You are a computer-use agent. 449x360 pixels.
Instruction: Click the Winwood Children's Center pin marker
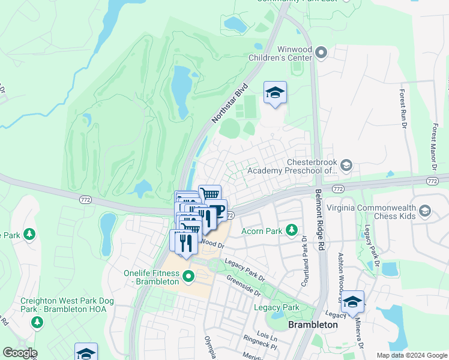point(321,53)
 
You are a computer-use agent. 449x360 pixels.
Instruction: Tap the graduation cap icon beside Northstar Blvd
point(275,93)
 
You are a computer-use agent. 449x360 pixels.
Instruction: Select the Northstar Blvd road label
point(230,104)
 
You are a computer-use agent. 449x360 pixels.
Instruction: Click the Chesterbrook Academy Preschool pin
point(346,165)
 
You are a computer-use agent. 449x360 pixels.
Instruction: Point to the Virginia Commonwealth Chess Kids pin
point(425,211)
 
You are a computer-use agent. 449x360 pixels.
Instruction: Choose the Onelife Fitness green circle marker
point(188,277)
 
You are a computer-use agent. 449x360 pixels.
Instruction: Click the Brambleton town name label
point(313,325)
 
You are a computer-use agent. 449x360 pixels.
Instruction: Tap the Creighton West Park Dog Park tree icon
point(37,323)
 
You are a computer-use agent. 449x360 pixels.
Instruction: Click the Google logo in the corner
point(19,353)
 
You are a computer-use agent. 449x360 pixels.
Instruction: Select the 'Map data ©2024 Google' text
point(411,355)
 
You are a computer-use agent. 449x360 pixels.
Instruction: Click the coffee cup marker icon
point(216,211)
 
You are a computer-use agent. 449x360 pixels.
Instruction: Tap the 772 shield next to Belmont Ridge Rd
point(339,188)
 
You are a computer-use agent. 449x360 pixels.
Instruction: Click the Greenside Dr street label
point(243,286)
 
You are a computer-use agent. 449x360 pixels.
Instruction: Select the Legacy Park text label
point(276,307)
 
